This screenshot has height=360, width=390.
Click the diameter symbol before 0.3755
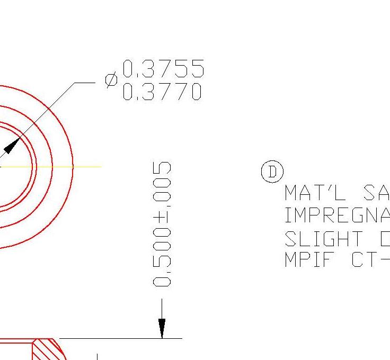click(111, 80)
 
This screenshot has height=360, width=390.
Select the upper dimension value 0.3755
click(163, 69)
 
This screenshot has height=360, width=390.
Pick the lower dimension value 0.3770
click(162, 92)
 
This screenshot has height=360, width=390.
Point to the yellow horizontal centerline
click(85, 167)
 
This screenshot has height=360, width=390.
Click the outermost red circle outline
click(72, 167)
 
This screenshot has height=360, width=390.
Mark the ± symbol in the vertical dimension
click(162, 218)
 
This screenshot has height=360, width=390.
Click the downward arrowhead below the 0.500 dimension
click(162, 328)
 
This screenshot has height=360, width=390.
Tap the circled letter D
click(272, 173)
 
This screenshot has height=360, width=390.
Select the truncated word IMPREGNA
click(337, 215)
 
